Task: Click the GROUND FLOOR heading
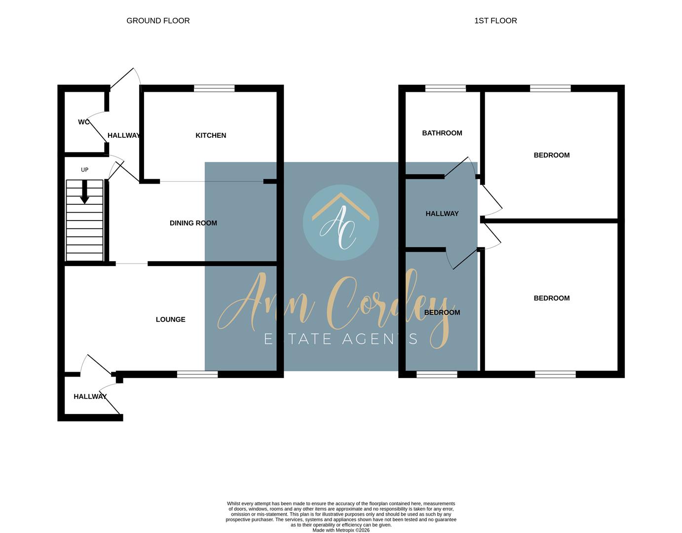click(x=158, y=21)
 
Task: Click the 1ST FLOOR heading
click(x=495, y=21)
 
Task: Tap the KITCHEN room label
click(x=211, y=135)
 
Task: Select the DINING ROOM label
click(x=193, y=223)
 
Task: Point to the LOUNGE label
click(x=170, y=319)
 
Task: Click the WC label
click(x=83, y=122)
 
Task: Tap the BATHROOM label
click(x=442, y=133)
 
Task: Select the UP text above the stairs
click(x=84, y=170)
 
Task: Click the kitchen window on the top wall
click(x=214, y=88)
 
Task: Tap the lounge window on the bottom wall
click(x=197, y=375)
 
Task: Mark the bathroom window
click(x=445, y=88)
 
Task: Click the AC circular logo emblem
click(x=341, y=223)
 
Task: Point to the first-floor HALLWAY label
click(x=442, y=214)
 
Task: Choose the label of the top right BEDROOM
click(x=551, y=155)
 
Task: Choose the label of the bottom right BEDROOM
click(x=551, y=298)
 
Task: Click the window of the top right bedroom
click(x=550, y=88)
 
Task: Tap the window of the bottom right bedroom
click(x=555, y=375)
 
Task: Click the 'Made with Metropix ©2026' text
click(x=341, y=530)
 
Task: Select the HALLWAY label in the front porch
click(x=90, y=396)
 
